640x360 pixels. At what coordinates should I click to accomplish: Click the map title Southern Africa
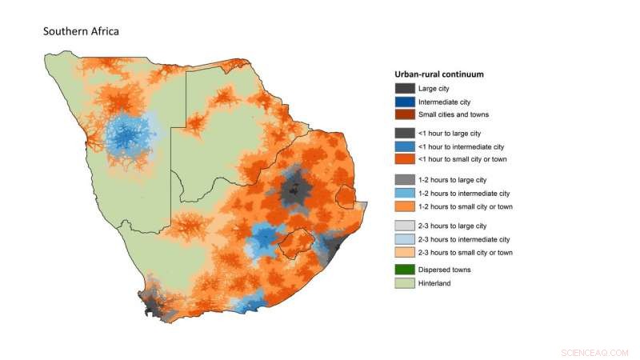81,32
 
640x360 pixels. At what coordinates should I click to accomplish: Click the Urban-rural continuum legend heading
445,74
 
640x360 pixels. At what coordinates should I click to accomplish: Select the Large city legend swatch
405,89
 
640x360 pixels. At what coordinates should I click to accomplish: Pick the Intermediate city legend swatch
405,102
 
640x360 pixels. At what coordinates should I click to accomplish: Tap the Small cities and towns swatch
405,114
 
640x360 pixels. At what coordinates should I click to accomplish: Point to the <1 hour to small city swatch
405,160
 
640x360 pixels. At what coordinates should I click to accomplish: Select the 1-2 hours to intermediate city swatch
405,194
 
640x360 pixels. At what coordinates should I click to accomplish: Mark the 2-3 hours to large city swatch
405,226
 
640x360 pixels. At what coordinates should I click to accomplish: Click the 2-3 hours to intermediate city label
464,239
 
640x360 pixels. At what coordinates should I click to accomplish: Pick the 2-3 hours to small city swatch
405,252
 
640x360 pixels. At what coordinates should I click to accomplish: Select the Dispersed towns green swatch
405,270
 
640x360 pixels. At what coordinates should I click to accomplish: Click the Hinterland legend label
437,282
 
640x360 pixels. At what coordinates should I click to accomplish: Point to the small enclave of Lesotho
295,242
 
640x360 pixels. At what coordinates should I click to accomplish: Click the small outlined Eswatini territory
346,196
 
